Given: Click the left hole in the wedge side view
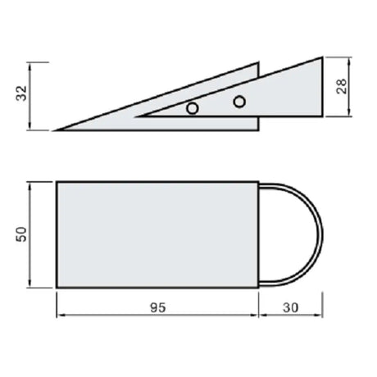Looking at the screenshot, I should point(192,108).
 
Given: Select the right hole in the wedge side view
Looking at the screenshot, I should point(239,102).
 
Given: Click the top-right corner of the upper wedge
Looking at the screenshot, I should point(322,57).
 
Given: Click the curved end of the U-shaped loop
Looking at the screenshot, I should point(321,234).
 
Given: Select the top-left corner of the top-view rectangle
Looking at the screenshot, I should point(56,182).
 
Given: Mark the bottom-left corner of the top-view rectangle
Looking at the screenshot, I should point(56,287).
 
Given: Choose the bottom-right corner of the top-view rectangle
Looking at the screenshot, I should point(261,287).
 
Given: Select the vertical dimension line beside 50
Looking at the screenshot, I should point(33,234).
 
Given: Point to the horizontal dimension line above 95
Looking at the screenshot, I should point(157,318).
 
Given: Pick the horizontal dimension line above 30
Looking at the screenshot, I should point(292,318).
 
